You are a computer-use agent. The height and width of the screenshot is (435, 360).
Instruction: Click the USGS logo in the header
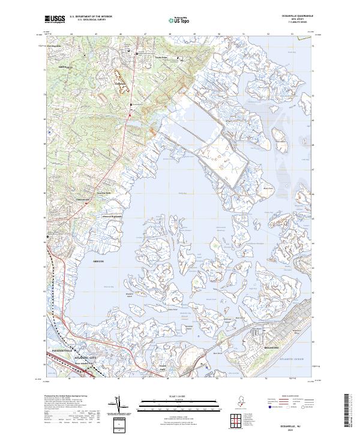(x=55, y=19)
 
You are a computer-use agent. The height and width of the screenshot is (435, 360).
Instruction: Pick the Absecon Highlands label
(x=110, y=217)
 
